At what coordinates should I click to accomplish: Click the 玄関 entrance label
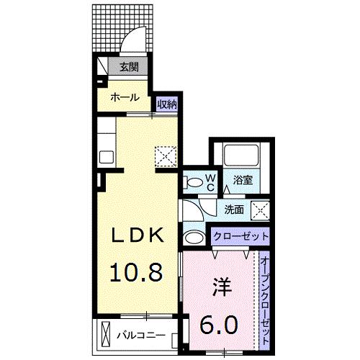129,68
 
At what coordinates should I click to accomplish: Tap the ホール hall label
124,96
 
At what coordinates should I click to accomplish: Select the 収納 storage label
167,104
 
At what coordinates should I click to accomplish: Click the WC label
212,181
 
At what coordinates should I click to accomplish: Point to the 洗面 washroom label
233,210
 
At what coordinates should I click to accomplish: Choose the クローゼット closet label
240,235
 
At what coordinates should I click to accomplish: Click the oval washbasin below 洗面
194,237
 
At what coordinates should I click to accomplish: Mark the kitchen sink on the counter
107,158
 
